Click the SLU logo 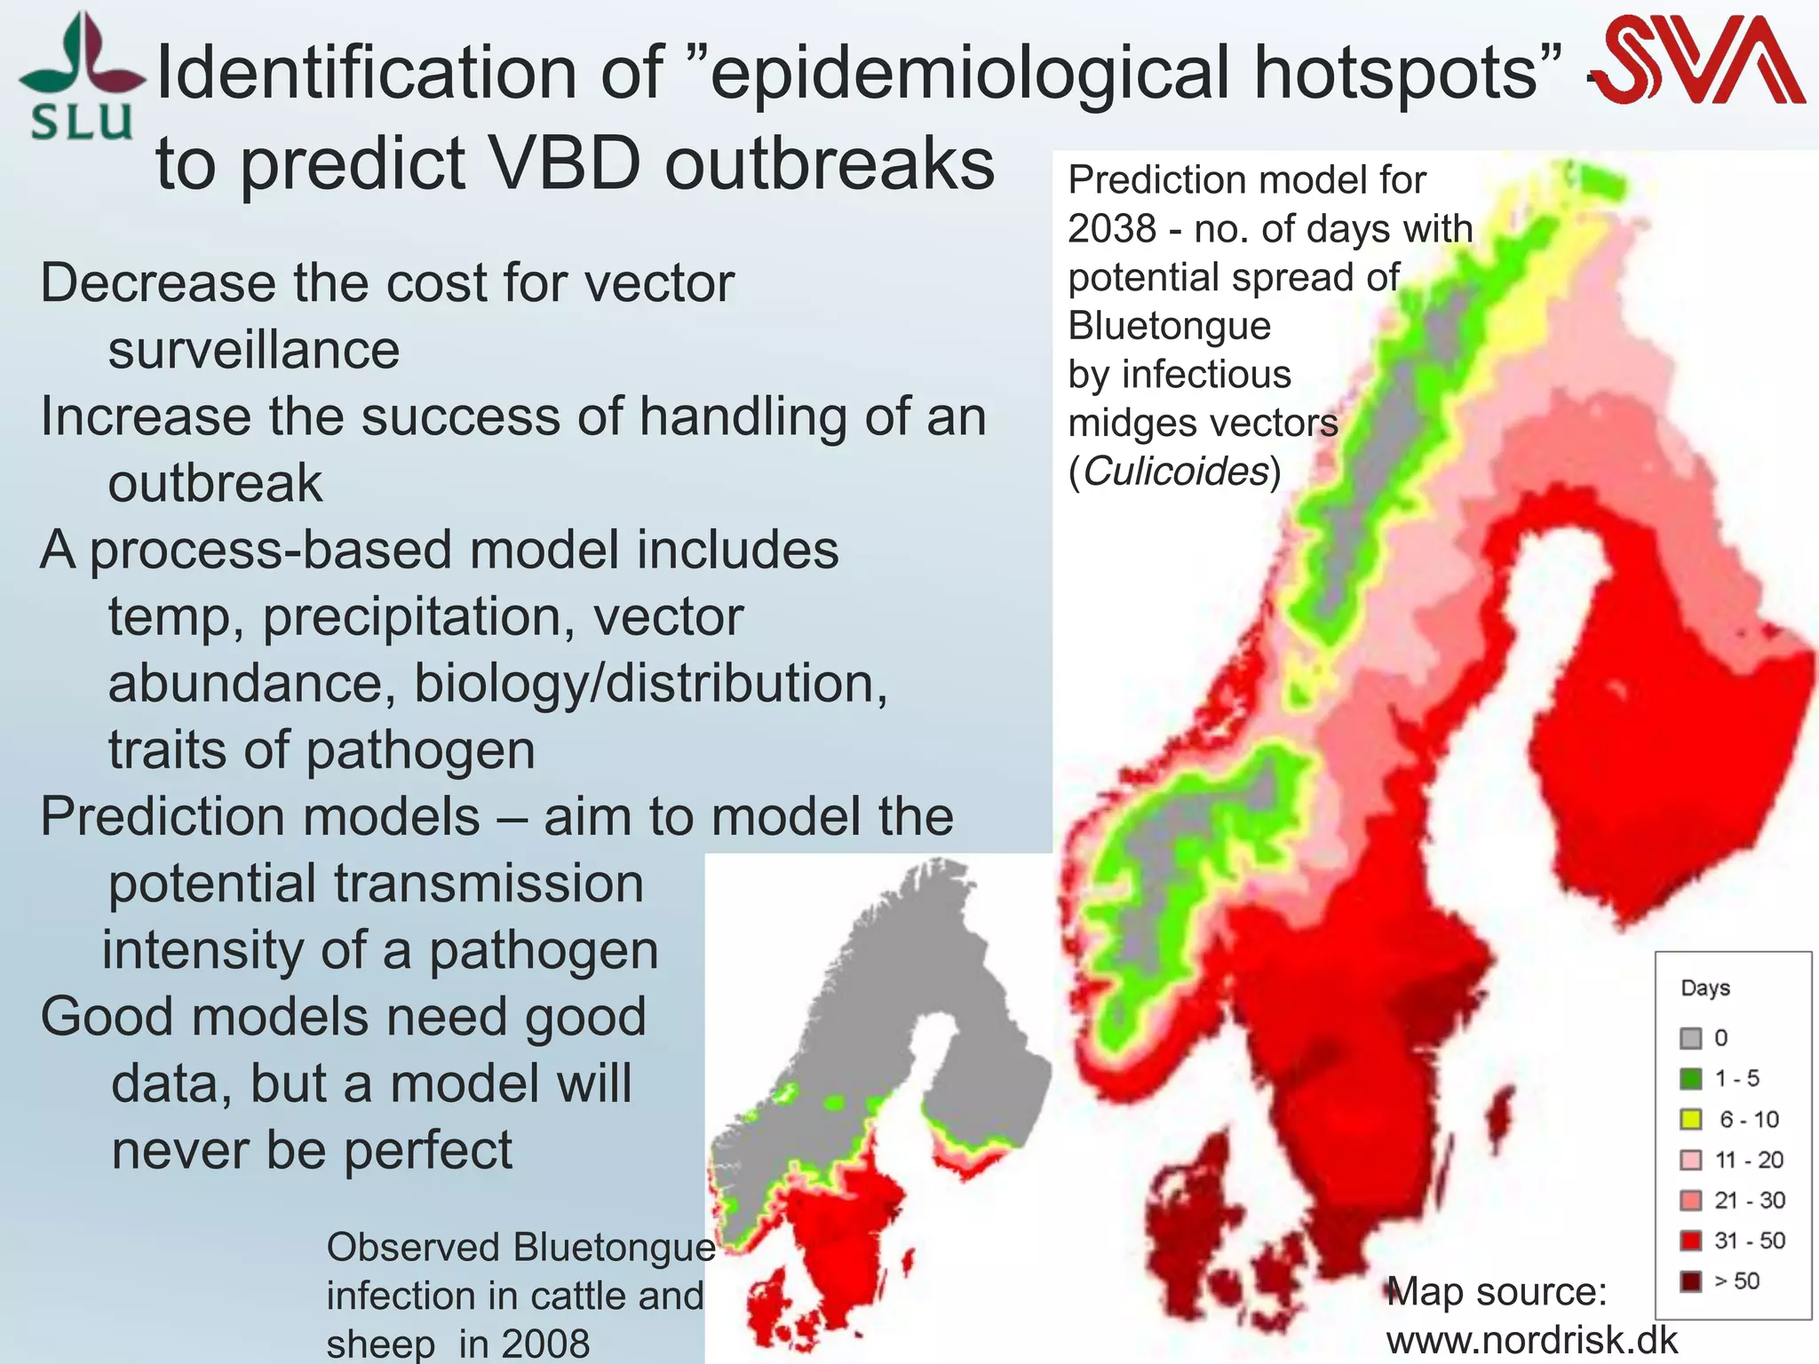(x=81, y=78)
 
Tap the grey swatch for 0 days (x=1690, y=1038)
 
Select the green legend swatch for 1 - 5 (x=1690, y=1079)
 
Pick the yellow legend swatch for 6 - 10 (x=1690, y=1120)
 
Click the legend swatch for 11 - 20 (x=1690, y=1160)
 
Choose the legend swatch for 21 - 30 (x=1690, y=1201)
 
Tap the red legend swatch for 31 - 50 (x=1690, y=1241)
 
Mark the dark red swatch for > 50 (x=1690, y=1281)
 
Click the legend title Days (x=1705, y=987)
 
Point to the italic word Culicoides (x=1176, y=472)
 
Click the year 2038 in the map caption (x=1112, y=229)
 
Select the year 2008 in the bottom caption (x=544, y=1343)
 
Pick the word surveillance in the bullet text (x=254, y=350)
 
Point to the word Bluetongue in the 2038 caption (x=1169, y=326)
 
